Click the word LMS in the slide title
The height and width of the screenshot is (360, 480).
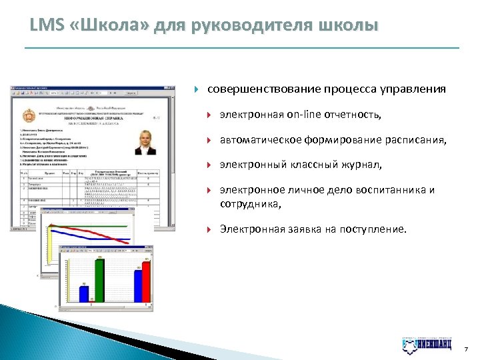pos(45,26)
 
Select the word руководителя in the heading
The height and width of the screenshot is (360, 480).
pos(249,26)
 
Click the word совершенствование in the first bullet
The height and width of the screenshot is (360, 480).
pos(263,89)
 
